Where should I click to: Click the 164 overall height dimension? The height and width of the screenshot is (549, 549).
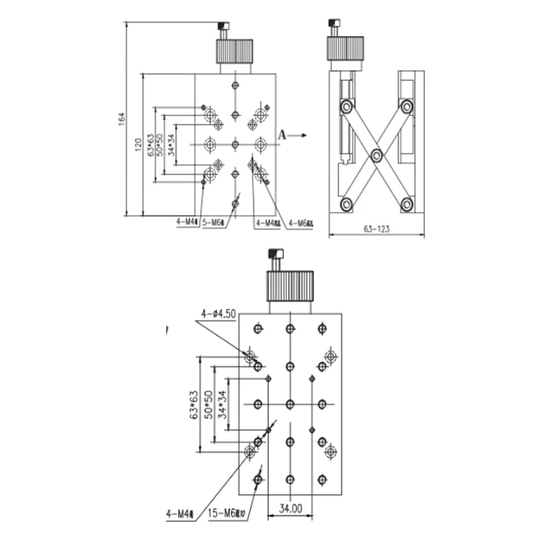pyautogui.click(x=122, y=119)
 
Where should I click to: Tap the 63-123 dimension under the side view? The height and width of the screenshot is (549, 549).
pyautogui.click(x=376, y=228)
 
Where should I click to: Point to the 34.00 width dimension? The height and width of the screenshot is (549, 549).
pyautogui.click(x=291, y=507)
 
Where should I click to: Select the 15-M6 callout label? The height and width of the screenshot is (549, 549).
pyautogui.click(x=228, y=515)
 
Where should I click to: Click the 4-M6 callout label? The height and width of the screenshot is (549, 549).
pyautogui.click(x=300, y=223)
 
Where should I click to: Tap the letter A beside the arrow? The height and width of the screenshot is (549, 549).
pyautogui.click(x=283, y=135)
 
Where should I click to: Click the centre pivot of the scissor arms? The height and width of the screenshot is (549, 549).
pyautogui.click(x=376, y=154)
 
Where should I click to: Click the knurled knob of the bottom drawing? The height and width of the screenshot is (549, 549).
pyautogui.click(x=290, y=286)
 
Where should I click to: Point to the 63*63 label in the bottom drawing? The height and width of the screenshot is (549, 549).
pyautogui.click(x=195, y=403)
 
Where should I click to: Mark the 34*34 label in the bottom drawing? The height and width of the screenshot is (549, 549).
pyautogui.click(x=223, y=403)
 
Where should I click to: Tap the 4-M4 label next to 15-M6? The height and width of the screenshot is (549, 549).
pyautogui.click(x=180, y=515)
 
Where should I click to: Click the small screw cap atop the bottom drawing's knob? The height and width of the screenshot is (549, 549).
pyautogui.click(x=276, y=255)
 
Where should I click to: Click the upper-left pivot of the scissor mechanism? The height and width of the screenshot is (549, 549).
pyautogui.click(x=346, y=107)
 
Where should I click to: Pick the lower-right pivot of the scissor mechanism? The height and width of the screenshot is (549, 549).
pyautogui.click(x=407, y=203)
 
